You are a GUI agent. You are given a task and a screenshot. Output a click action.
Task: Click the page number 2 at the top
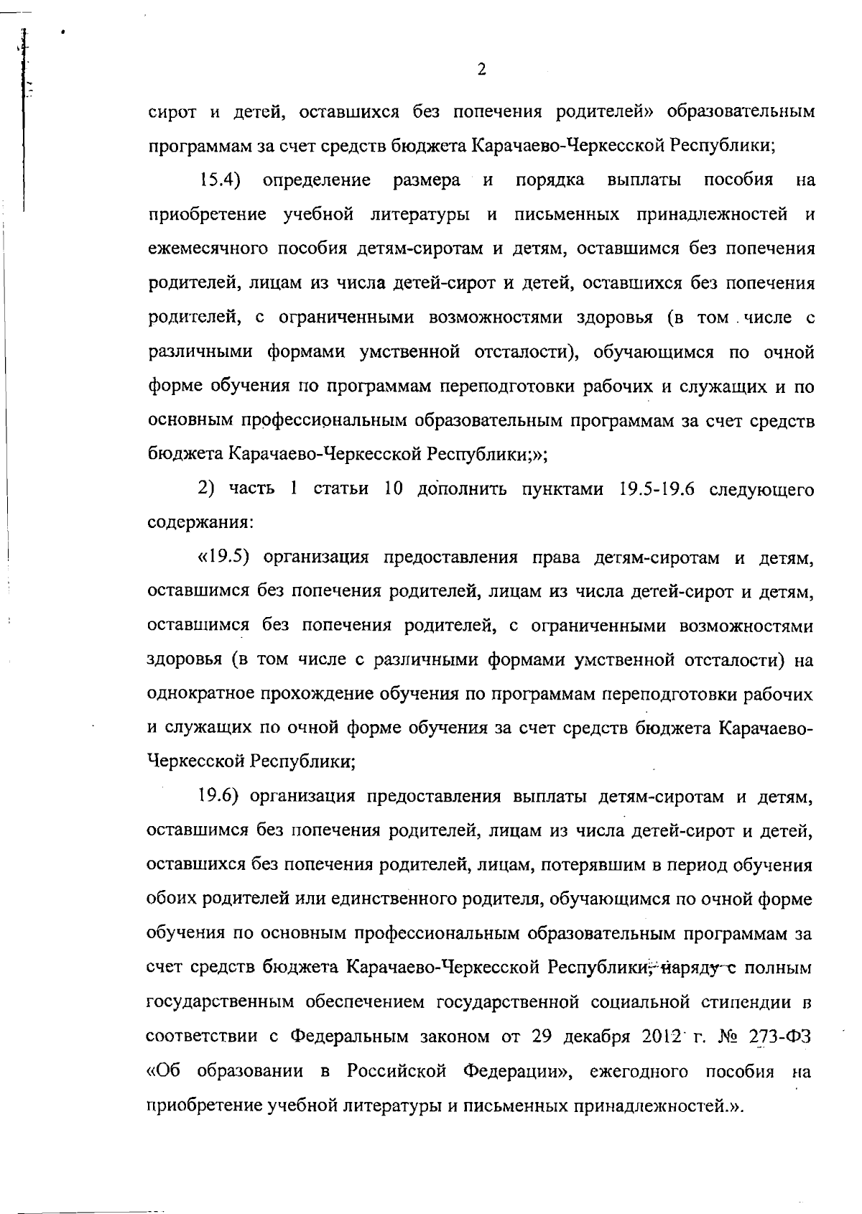(x=481, y=70)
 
